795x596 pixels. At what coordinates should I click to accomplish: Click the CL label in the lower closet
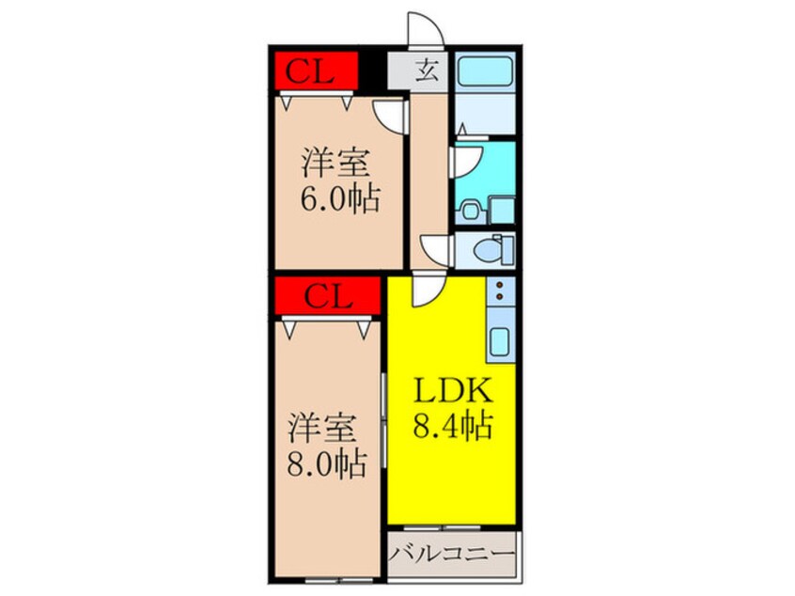(x=328, y=299)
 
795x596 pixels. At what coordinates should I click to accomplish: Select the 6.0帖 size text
(x=340, y=198)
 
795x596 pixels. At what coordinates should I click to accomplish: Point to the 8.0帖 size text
(x=326, y=463)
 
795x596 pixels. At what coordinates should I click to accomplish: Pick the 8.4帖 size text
(x=452, y=428)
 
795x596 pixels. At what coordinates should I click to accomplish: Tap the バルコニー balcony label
(x=453, y=550)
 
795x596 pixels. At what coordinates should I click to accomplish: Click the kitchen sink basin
(x=499, y=343)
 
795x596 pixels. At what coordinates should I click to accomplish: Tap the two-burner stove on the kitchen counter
(x=500, y=292)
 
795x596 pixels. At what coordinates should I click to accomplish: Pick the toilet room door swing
(x=438, y=249)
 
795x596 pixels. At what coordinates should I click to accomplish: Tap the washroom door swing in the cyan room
(x=467, y=161)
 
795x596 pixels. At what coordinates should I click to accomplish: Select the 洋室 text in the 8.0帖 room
(x=321, y=427)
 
